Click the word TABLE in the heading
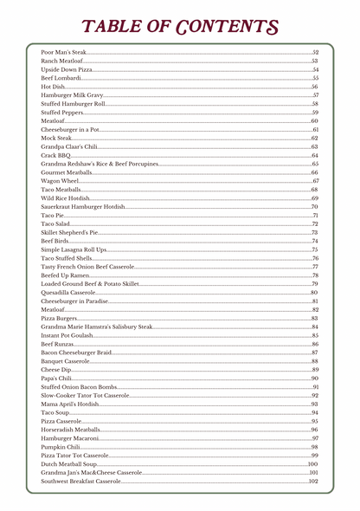click(119, 27)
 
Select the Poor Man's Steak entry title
click(64, 53)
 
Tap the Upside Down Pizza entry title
click(67, 69)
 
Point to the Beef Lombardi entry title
click(61, 78)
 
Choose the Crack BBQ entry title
click(55, 155)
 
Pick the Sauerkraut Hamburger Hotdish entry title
click(83, 207)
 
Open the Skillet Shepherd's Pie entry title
click(70, 232)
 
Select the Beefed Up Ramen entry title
click(65, 275)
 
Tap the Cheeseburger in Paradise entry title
click(75, 301)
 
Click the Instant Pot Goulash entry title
click(67, 335)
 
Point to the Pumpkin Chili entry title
click(61, 447)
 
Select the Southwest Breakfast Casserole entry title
click(80, 481)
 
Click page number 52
click(315, 53)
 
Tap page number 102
click(313, 481)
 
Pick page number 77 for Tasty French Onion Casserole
click(315, 267)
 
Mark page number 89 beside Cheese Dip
click(315, 370)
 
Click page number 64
click(315, 155)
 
